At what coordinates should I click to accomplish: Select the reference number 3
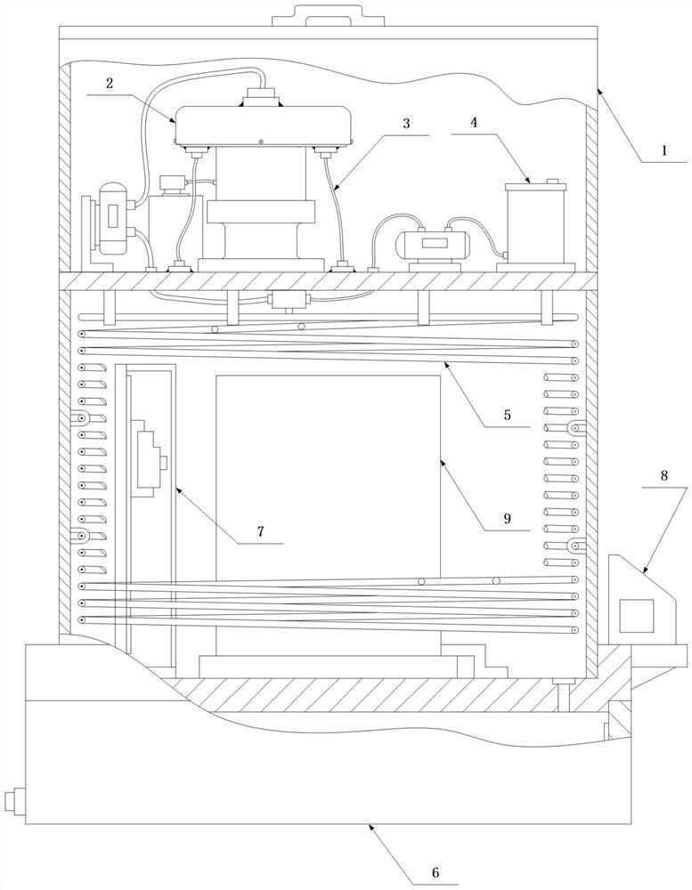406,123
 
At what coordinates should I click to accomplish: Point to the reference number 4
474,123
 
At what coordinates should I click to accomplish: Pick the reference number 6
436,871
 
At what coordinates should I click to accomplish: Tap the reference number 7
260,531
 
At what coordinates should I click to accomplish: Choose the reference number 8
665,476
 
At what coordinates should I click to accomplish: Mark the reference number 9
505,517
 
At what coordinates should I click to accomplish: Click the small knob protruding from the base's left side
11,801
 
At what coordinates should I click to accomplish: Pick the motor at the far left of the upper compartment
111,217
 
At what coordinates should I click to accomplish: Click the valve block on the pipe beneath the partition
289,299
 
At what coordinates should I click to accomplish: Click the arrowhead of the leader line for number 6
370,827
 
